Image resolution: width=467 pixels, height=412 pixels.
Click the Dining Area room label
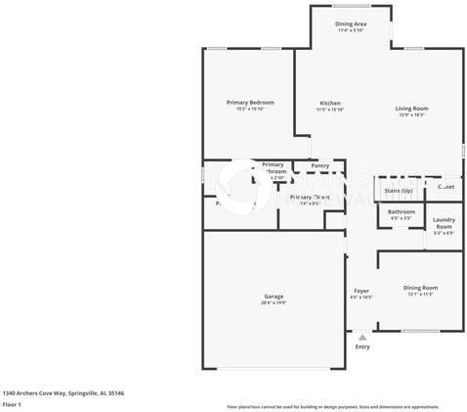[351, 23]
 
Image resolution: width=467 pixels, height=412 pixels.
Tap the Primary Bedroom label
[249, 103]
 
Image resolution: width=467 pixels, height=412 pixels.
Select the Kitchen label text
[330, 103]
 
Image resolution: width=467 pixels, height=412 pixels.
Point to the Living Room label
[411, 109]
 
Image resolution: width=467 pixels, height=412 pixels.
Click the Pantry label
[319, 165]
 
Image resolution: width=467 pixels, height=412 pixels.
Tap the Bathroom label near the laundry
[401, 211]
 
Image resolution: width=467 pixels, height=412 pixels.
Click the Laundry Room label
[444, 223]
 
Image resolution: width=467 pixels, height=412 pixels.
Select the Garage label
[274, 297]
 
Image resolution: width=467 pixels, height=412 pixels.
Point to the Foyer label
[361, 291]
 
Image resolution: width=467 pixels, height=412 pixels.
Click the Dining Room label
[420, 288]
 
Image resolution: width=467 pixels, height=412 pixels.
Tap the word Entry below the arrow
[362, 347]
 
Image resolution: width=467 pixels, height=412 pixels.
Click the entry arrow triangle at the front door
[362, 337]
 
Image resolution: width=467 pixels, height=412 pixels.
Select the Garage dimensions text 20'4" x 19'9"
[274, 303]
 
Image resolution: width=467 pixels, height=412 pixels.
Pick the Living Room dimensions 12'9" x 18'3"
[411, 115]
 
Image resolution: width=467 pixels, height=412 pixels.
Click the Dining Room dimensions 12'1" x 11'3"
[420, 294]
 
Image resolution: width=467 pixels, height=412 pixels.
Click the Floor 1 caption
[12, 404]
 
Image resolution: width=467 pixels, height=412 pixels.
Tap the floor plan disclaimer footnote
[332, 405]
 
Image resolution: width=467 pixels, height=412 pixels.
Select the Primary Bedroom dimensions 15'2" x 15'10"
[249, 109]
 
